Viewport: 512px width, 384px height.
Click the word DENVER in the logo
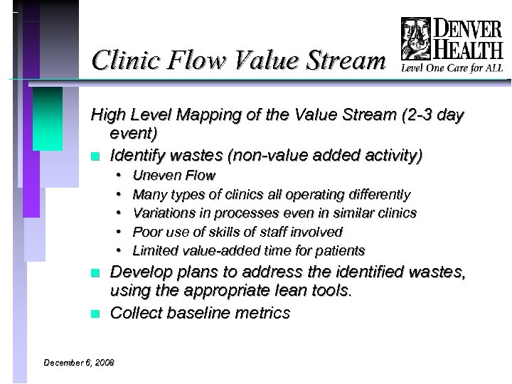point(467,29)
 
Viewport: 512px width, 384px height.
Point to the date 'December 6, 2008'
point(78,363)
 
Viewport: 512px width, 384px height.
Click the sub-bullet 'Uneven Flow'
point(174,175)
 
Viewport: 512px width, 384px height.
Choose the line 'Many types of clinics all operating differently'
point(271,194)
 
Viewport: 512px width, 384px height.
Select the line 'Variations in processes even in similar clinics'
point(274,213)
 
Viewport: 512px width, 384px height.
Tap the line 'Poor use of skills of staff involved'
point(238,232)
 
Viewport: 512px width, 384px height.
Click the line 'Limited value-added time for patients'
point(249,250)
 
